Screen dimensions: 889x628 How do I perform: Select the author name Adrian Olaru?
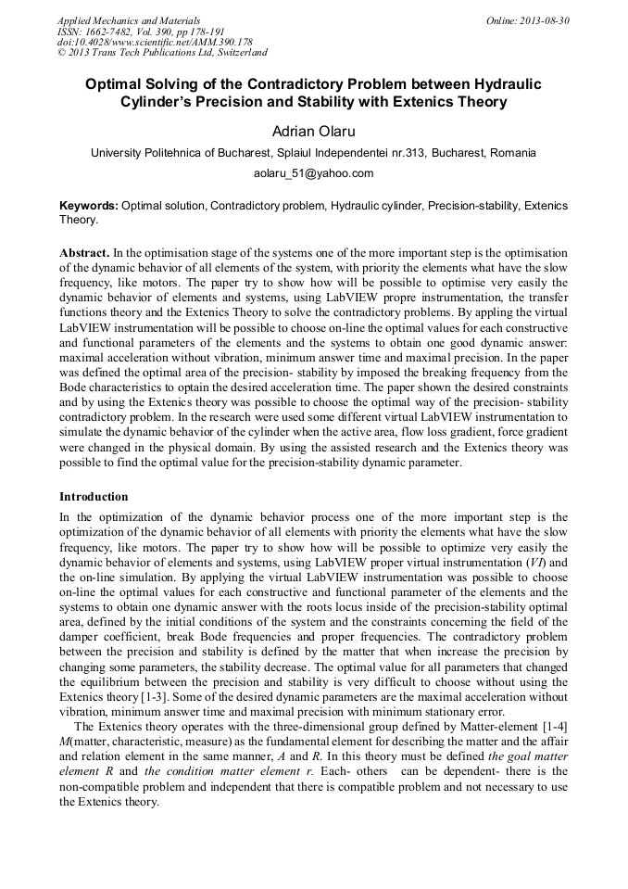click(313, 132)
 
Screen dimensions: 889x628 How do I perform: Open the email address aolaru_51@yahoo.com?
click(313, 173)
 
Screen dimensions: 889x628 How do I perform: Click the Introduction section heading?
click(94, 497)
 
